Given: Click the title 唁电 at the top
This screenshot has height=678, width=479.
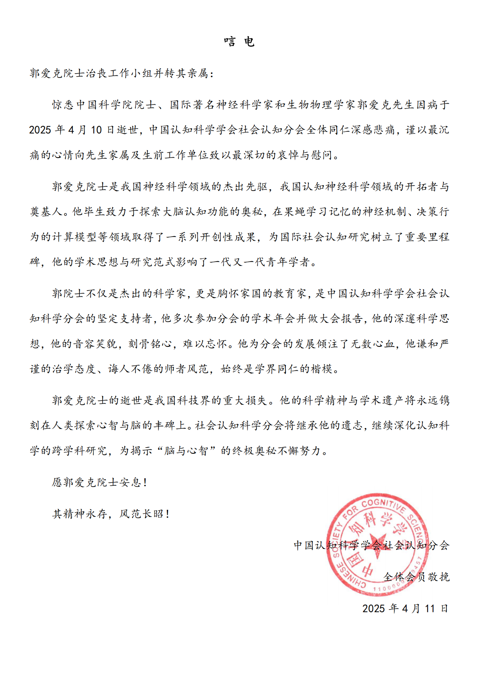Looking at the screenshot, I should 239,42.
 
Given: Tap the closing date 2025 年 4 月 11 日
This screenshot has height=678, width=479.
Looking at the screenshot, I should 406,608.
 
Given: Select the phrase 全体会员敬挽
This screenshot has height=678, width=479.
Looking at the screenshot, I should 416,577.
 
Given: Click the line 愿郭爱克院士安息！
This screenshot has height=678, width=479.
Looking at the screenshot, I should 100,482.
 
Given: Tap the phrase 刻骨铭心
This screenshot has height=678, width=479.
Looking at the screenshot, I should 150,344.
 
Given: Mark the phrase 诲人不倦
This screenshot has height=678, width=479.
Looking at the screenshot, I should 130,369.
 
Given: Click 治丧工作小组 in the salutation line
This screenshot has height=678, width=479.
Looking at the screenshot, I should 108,73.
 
